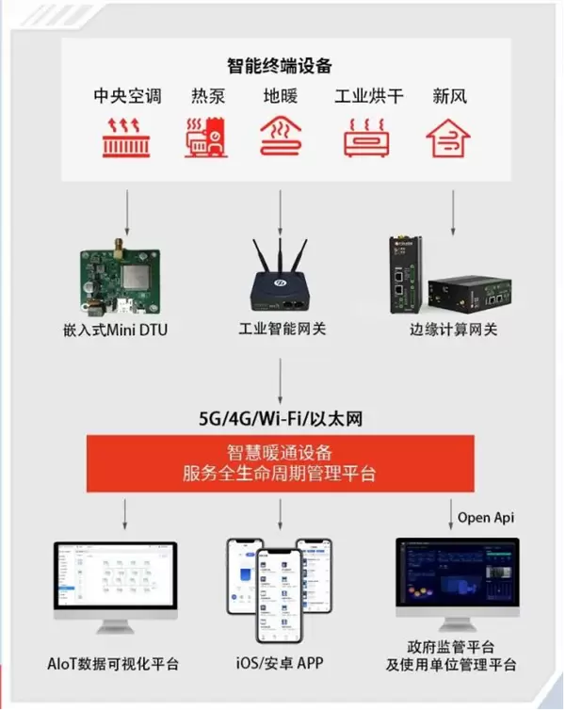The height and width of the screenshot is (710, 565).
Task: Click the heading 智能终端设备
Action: (280, 66)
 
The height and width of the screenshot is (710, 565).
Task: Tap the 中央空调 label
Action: (127, 96)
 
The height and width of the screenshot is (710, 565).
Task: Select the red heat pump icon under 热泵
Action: (206, 137)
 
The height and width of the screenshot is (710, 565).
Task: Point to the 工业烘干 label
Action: (369, 96)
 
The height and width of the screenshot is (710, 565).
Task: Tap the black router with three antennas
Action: (281, 278)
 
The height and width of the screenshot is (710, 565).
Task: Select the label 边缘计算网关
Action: (453, 330)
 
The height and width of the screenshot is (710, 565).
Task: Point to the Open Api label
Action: (486, 517)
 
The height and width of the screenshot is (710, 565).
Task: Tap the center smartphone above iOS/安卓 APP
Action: (280, 593)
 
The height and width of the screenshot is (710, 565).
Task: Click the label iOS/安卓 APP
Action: (280, 664)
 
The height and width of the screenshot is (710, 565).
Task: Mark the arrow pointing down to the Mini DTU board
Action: (127, 209)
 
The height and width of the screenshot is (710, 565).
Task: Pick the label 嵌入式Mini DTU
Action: (117, 330)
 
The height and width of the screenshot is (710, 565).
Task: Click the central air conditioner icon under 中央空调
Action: (127, 137)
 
